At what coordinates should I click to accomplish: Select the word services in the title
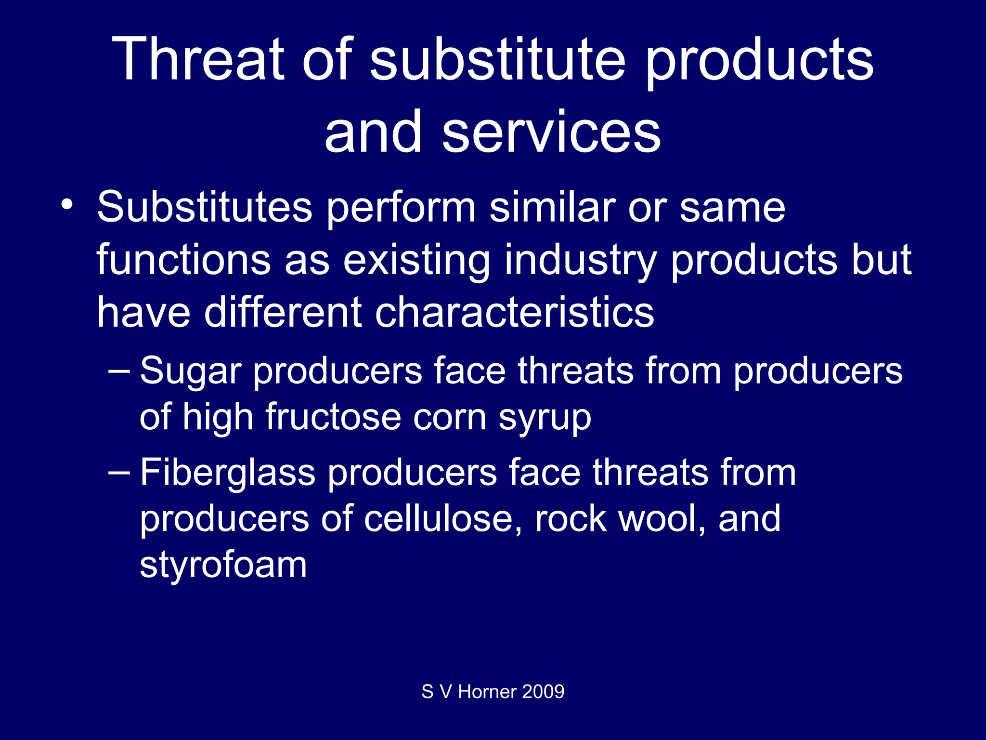coord(551,132)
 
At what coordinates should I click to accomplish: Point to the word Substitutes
coord(205,207)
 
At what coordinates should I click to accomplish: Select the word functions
coord(183,260)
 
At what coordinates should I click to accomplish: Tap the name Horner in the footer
coord(487,692)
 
